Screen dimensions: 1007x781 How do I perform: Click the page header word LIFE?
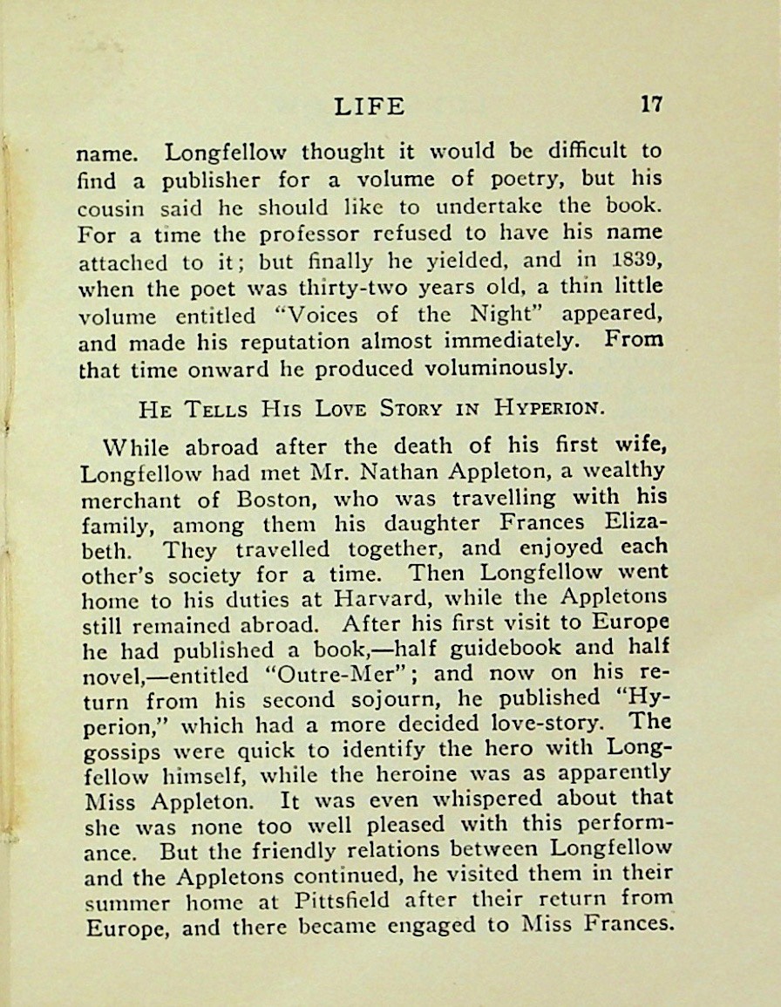pyautogui.click(x=370, y=106)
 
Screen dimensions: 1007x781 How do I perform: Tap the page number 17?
pyautogui.click(x=651, y=105)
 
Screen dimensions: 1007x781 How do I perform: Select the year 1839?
pyautogui.click(x=642, y=260)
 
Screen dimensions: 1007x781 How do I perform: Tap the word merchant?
pyautogui.click(x=131, y=500)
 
